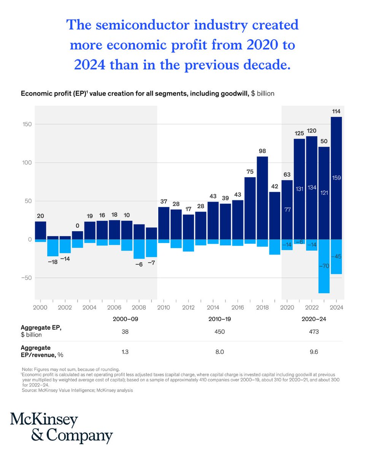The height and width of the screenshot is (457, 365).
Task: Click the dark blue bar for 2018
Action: pyautogui.click(x=262, y=198)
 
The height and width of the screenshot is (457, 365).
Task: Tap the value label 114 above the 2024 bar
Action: pyautogui.click(x=336, y=111)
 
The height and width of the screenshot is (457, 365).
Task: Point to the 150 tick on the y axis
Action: pyautogui.click(x=26, y=124)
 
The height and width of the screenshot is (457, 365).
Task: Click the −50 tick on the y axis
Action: pyautogui.click(x=25, y=278)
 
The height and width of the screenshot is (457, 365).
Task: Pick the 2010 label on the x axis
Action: pyautogui.click(x=164, y=307)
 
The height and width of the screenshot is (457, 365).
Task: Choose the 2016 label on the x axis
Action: pyautogui.click(x=238, y=307)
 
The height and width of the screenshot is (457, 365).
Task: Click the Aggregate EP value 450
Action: pyautogui.click(x=219, y=332)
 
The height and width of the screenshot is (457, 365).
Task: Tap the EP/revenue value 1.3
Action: pyautogui.click(x=125, y=352)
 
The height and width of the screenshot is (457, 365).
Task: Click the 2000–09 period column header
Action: pyautogui.click(x=125, y=319)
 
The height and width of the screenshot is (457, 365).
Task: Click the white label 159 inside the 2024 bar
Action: pyautogui.click(x=336, y=177)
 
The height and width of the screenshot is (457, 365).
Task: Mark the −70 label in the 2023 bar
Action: pyautogui.click(x=324, y=266)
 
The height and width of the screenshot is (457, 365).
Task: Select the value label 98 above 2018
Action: pyautogui.click(x=262, y=151)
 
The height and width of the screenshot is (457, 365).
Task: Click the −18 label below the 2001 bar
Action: pyautogui.click(x=53, y=262)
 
